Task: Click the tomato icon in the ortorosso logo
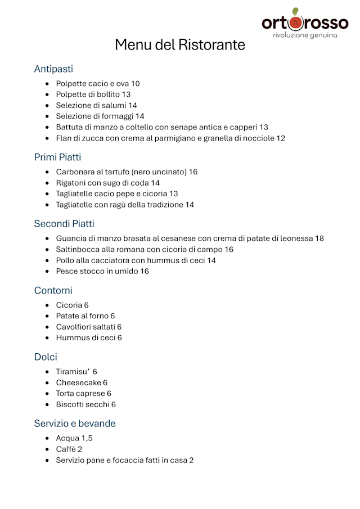[297, 23]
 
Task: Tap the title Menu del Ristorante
[180, 44]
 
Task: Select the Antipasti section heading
[53, 69]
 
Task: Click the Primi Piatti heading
[57, 157]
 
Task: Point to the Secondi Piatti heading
[64, 224]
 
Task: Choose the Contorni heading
[53, 290]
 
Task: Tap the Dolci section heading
[46, 357]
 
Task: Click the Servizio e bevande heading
[75, 423]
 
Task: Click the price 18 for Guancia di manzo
[319, 238]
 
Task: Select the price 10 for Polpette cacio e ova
[135, 84]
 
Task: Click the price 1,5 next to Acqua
[87, 438]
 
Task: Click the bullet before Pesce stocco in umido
[47, 271]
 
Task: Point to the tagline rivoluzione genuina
[305, 35]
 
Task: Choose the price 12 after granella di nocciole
[281, 138]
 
